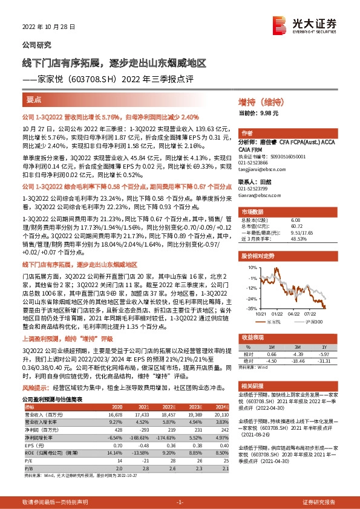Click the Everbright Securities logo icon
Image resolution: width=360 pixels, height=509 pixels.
click(280, 24)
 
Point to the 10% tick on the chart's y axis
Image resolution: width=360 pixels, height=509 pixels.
click(250, 264)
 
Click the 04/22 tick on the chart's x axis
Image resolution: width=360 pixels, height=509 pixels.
click(293, 313)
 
